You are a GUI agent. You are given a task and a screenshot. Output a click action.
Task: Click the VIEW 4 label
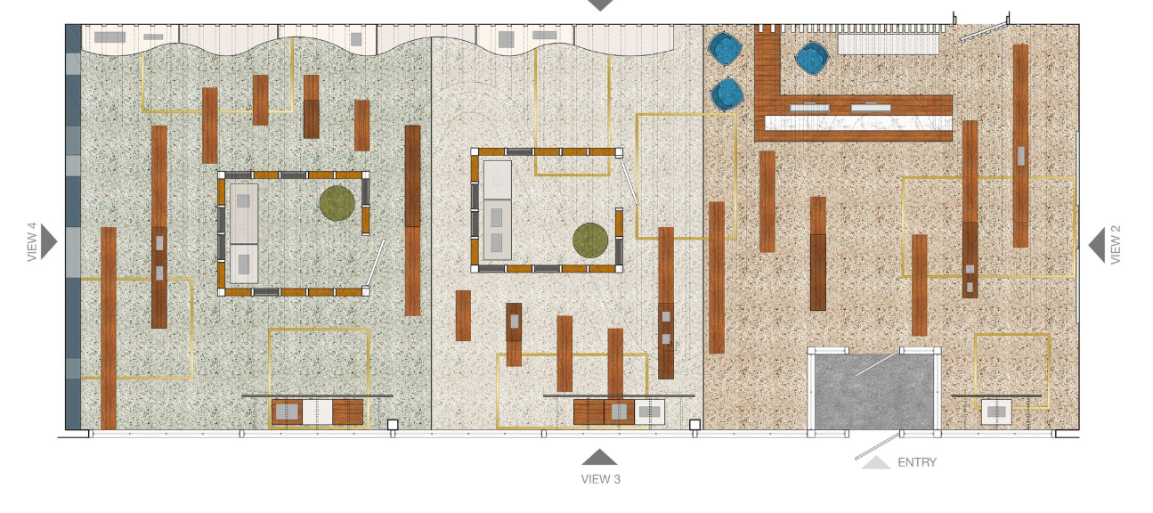(x=32, y=242)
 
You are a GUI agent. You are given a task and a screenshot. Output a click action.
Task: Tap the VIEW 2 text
(x=1116, y=245)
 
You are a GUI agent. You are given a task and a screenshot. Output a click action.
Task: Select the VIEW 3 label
(x=601, y=479)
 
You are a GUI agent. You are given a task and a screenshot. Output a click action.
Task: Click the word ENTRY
(x=917, y=462)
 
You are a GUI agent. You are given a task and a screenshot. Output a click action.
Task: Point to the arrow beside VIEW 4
(x=48, y=241)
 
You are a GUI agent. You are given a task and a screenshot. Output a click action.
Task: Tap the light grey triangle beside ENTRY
(x=876, y=462)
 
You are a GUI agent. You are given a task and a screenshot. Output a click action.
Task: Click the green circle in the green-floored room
(x=337, y=203)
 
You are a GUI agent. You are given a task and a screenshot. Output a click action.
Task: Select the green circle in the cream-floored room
(x=590, y=240)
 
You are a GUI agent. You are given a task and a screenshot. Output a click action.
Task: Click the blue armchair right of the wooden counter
(x=812, y=58)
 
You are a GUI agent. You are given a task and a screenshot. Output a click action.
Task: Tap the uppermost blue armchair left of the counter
(x=726, y=48)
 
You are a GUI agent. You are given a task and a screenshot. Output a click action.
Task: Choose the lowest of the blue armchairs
(x=727, y=94)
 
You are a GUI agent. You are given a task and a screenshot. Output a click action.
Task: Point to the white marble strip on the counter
(x=858, y=123)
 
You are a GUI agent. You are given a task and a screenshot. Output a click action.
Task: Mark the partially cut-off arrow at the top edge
(x=600, y=4)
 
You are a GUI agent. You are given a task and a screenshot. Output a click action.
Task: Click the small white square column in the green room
(x=393, y=425)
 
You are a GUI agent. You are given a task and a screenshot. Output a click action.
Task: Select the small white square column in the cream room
(x=694, y=425)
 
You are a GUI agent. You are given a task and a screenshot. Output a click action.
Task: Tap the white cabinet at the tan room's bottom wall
(x=996, y=412)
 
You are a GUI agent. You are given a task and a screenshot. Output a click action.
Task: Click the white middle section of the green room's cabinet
(x=317, y=412)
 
